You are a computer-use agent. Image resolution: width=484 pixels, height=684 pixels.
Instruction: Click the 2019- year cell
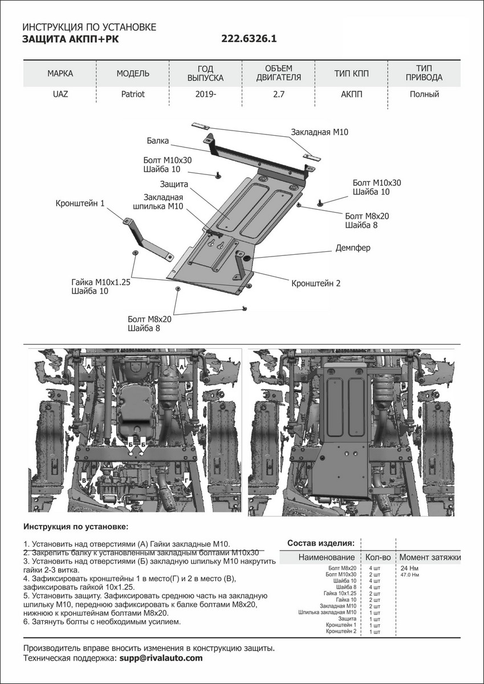[x=205, y=94]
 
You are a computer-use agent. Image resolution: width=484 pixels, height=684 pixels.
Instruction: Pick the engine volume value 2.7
[x=279, y=94]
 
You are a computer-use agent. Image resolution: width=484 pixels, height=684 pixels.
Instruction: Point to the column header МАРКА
[x=60, y=74]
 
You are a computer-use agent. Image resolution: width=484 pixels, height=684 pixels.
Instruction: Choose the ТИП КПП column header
[x=351, y=74]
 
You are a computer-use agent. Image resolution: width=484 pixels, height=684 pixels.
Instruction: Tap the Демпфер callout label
[x=352, y=249]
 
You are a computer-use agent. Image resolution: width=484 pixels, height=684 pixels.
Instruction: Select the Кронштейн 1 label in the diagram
[x=80, y=203]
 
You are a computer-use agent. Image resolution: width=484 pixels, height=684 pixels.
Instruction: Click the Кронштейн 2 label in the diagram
[x=315, y=283]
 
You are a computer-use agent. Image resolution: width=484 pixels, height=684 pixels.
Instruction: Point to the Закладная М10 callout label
[x=319, y=132]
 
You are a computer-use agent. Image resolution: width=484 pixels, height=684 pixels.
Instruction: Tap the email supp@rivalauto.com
[x=160, y=658]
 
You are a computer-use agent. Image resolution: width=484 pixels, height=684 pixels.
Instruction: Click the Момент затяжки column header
[x=430, y=557]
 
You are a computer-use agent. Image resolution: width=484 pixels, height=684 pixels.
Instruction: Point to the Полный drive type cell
[x=424, y=94]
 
